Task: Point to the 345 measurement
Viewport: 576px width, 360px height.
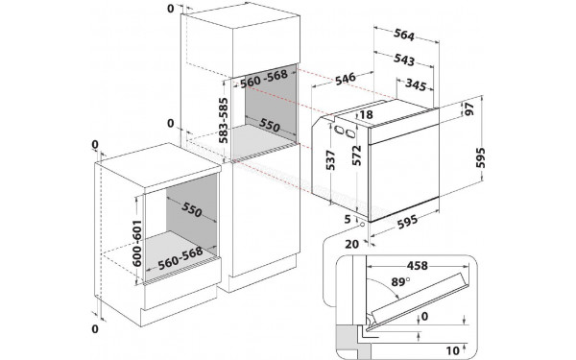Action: (415, 86)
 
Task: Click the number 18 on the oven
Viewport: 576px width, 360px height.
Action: (366, 115)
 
